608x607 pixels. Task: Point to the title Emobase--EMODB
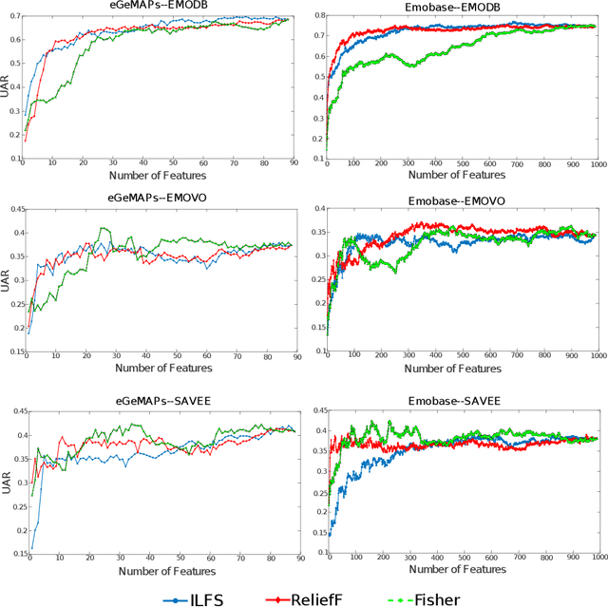tap(462, 7)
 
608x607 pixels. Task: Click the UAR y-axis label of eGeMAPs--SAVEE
tap(7, 484)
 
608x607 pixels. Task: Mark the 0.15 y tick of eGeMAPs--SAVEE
tap(13, 555)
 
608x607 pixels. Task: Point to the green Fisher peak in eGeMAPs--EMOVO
tap(102, 228)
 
